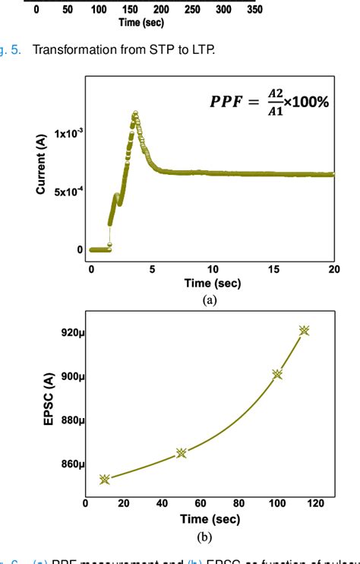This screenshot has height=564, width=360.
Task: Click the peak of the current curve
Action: [135, 114]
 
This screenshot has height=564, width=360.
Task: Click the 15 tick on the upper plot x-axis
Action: [273, 268]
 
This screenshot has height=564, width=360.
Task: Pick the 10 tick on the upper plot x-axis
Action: [213, 268]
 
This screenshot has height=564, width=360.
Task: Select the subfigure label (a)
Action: [210, 299]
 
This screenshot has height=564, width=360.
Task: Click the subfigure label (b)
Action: [204, 537]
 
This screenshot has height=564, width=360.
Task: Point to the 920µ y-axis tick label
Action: [71, 332]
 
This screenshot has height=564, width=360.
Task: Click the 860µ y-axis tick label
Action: [71, 464]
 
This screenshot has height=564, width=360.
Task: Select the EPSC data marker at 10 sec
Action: [105, 479]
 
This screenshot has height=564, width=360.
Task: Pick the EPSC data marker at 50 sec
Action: [182, 453]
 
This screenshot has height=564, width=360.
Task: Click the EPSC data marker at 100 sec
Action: [277, 374]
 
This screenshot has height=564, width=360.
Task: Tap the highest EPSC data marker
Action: [305, 331]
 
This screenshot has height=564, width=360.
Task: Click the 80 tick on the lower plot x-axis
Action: [238, 502]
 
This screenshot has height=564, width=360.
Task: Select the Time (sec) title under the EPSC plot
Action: [210, 519]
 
